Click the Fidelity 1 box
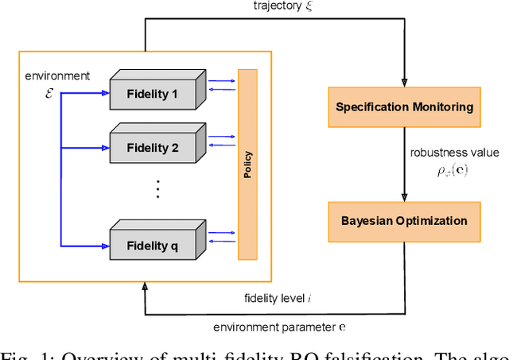(x=153, y=95)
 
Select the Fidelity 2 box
(x=153, y=147)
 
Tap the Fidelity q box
(x=153, y=246)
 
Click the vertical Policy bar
(x=248, y=165)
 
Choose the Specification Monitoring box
(x=404, y=107)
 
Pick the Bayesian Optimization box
(x=404, y=220)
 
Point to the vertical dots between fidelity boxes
(x=158, y=189)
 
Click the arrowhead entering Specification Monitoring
(x=404, y=82)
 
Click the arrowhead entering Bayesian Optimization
(x=404, y=195)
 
